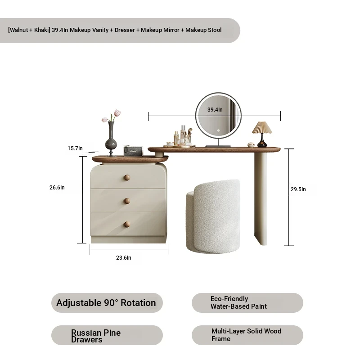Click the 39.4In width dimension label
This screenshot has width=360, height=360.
coord(215,110)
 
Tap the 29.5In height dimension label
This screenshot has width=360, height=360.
coord(298,189)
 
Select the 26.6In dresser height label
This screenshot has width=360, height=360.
coord(57,188)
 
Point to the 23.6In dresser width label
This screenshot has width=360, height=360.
coord(123,258)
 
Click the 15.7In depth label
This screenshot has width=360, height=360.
coord(75,148)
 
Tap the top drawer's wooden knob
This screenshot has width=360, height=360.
coord(127,177)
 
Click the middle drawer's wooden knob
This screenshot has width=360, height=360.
coord(127,201)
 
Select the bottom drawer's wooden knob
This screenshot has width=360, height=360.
coord(127,224)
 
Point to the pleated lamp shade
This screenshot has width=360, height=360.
coord(262,128)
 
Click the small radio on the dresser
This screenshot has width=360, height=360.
coord(133,151)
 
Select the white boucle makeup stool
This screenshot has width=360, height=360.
coord(213,216)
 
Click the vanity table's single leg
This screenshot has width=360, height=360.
coord(261,198)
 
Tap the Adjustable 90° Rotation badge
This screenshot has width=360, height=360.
coord(107,303)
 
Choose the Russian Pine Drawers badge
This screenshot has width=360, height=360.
coord(107,335)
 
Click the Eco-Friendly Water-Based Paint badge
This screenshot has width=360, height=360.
coord(247,303)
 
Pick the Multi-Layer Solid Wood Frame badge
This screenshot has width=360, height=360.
coord(247,335)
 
